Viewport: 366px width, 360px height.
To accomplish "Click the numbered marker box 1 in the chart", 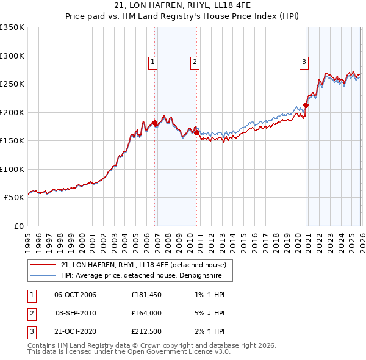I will [152, 62].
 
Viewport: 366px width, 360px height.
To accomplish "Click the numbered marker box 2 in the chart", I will [194, 62].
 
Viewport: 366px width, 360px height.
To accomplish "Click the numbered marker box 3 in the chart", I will [303, 62].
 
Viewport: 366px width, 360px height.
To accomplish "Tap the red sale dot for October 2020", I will [306, 105].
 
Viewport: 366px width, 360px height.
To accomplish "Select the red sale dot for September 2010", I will [196, 132].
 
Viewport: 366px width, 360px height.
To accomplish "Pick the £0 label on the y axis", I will [18, 226].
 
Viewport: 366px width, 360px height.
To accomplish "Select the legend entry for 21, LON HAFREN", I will [143, 265].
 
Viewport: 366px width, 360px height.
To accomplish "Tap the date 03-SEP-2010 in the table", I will [76, 313].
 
